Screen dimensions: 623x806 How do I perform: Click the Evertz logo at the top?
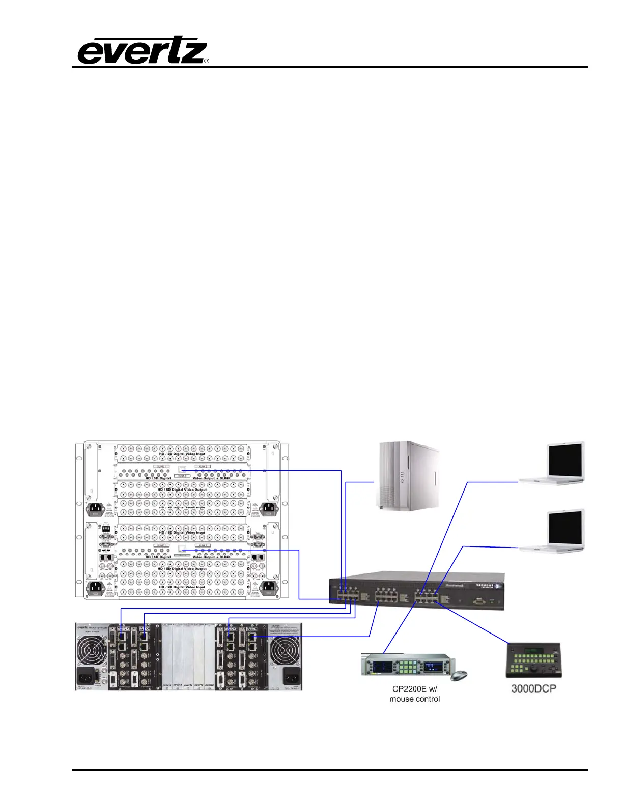coord(143,51)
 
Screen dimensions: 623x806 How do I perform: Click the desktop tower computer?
coord(407,475)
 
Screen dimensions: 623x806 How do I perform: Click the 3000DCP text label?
coord(533,688)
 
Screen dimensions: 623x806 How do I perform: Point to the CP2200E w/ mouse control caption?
coord(414,694)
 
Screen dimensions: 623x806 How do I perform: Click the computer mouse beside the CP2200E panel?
coord(459,675)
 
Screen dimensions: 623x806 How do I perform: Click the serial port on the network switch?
coord(479,601)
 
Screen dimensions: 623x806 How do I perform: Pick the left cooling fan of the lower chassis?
coord(93,647)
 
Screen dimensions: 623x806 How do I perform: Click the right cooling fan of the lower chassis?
coord(286,647)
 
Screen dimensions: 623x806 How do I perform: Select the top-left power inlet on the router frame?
coord(98,509)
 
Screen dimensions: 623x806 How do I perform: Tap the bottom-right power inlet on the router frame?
coord(269,588)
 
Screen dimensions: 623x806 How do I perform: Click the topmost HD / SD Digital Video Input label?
coord(182,454)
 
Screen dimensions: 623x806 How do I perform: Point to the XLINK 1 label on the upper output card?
coord(162,466)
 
